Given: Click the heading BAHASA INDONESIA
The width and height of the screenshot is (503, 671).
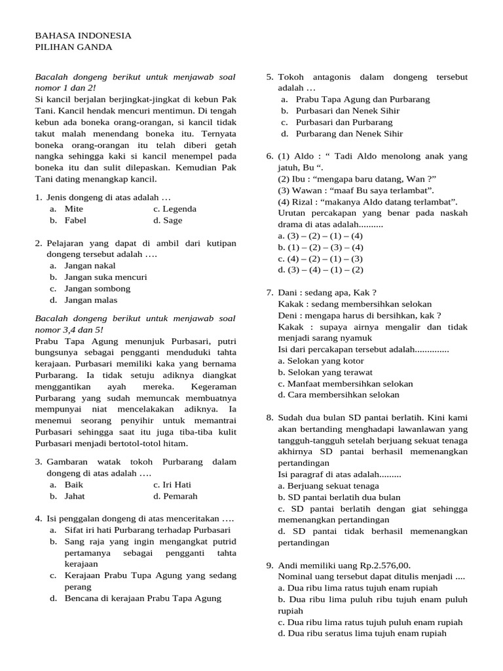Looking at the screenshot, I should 83,35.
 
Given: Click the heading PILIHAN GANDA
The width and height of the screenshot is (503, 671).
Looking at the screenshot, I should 73,47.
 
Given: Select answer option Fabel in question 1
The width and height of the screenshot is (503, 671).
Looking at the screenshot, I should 75,221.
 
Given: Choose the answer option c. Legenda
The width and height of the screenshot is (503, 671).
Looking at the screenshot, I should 174,209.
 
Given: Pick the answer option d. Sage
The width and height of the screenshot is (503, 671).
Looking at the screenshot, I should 168,221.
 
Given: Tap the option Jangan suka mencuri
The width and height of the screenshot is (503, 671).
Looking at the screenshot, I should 105,277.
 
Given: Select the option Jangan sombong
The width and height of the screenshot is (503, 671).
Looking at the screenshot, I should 97,289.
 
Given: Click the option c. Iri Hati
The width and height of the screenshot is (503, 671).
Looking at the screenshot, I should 172,485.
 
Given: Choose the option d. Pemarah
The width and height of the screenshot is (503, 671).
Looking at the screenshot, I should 175,497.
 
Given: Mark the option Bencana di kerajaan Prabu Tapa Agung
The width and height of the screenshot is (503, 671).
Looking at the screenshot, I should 143,598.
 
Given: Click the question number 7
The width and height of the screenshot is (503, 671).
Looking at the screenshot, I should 269,293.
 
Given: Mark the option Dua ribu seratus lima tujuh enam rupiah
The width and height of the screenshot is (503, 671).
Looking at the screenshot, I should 362,634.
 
